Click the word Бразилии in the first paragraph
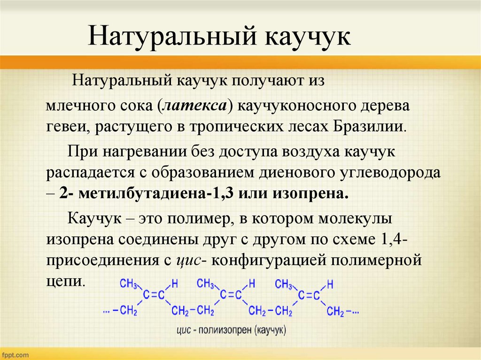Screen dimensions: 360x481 coord(369,127)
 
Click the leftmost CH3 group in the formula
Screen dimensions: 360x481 coord(128,283)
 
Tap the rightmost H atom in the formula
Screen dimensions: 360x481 coord(330,284)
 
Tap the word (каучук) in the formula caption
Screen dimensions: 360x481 coord(270,330)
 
